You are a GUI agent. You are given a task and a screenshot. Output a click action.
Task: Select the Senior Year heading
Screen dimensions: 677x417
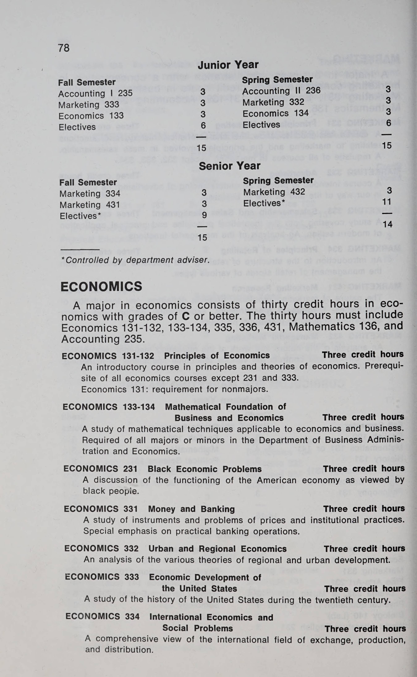pyautogui.click(x=229, y=166)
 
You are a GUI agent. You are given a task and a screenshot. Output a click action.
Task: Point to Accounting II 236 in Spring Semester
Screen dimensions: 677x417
pyautogui.click(x=281, y=91)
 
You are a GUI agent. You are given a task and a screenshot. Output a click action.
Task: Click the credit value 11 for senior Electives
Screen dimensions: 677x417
pyautogui.click(x=387, y=202)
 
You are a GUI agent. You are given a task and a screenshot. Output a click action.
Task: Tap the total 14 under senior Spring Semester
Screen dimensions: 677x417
pyautogui.click(x=387, y=224)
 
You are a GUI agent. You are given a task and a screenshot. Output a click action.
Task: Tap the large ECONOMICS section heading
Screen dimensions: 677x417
pyautogui.click(x=101, y=287)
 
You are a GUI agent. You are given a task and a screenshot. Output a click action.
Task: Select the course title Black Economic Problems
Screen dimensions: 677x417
pyautogui.click(x=205, y=469)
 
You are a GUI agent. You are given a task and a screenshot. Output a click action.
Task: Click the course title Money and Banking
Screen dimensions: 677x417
pyautogui.click(x=191, y=509)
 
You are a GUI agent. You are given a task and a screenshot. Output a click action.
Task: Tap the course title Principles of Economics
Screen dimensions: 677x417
pyautogui.click(x=217, y=356)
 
